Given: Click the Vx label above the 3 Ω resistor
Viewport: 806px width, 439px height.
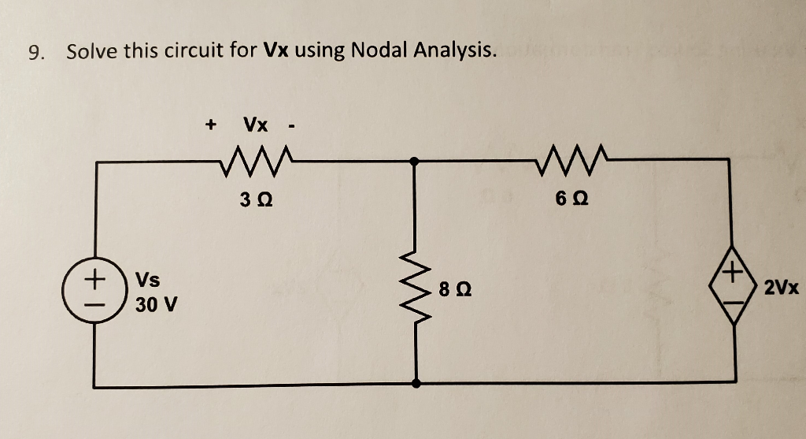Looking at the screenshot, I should (256, 125).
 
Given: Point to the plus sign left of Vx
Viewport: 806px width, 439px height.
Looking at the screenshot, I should (210, 124).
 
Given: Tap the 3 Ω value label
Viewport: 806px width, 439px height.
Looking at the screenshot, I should (257, 201).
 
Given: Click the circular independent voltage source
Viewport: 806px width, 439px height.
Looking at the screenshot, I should (94, 290).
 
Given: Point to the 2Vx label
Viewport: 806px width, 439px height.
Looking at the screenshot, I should (781, 288).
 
